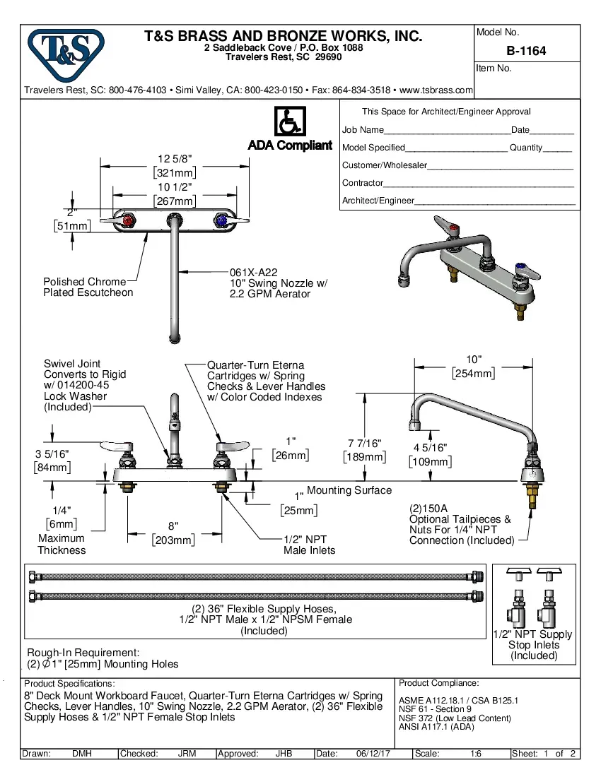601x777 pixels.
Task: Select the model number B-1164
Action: click(526, 51)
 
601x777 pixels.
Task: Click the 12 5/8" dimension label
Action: click(175, 159)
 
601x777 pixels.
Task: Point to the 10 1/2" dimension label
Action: click(175, 187)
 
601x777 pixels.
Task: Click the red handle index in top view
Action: click(128, 223)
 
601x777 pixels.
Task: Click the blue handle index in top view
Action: click(222, 223)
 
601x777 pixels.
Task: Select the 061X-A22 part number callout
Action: click(253, 272)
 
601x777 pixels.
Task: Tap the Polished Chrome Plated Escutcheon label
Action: click(88, 287)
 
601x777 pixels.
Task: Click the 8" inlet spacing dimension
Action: click(173, 526)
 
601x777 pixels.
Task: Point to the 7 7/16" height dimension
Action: click(365, 443)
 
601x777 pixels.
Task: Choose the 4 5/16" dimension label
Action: click(430, 448)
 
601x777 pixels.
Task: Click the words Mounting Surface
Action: click(349, 490)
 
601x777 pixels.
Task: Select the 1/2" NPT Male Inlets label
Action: click(310, 545)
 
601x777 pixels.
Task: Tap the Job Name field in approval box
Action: click(363, 130)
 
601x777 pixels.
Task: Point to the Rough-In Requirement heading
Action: click(83, 653)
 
